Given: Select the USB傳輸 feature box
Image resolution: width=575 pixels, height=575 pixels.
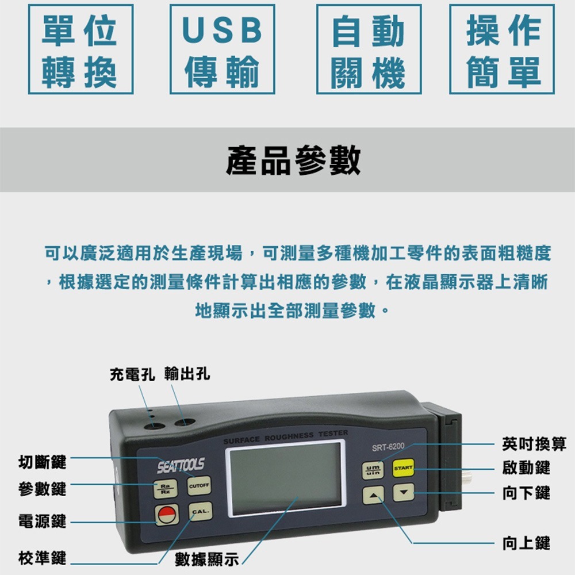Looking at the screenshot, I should (x=222, y=49).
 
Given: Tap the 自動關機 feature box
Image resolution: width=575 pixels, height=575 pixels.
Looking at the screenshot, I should (x=369, y=49).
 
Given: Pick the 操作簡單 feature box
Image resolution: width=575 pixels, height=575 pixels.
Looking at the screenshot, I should (x=502, y=49).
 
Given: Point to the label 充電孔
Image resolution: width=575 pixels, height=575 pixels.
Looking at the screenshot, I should (x=132, y=375).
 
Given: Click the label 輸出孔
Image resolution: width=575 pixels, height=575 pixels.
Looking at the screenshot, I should (x=187, y=375).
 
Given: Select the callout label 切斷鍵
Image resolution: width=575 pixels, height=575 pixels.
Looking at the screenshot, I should (x=42, y=461).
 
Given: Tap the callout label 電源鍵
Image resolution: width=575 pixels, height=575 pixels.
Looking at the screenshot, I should (x=42, y=522).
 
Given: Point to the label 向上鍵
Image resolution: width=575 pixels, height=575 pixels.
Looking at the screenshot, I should (x=526, y=543).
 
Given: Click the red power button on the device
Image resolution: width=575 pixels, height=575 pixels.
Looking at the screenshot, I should (x=167, y=515).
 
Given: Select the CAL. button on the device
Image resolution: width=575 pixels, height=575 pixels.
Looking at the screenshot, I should (x=200, y=512).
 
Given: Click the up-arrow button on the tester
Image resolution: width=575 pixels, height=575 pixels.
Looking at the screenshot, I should (x=374, y=494).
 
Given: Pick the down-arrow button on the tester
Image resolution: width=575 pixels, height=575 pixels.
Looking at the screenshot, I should (x=404, y=492).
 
